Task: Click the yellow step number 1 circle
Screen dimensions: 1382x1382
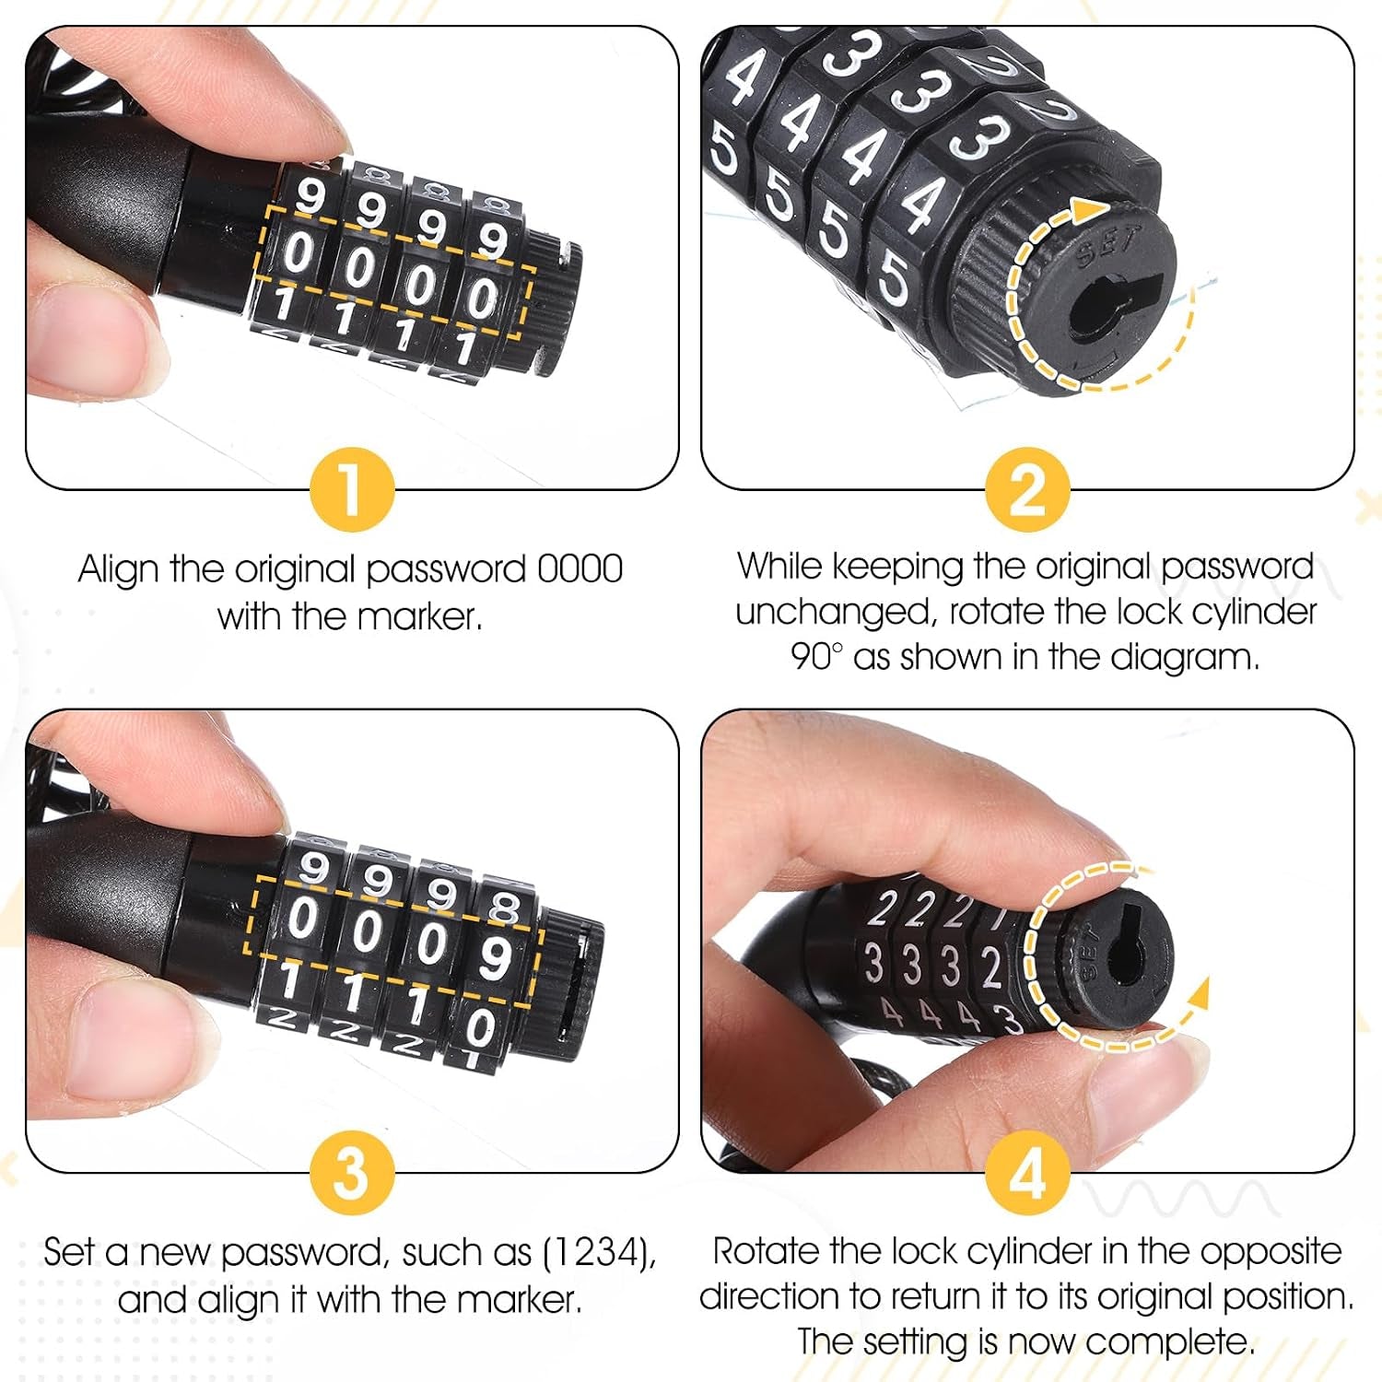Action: pyautogui.click(x=352, y=489)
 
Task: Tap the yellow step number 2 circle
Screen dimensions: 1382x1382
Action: pyautogui.click(x=1027, y=489)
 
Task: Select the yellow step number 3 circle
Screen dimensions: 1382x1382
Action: pyautogui.click(x=352, y=1173)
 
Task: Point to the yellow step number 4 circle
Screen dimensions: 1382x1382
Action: pyautogui.click(x=1027, y=1173)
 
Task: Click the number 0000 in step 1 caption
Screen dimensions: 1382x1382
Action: pyautogui.click(x=580, y=569)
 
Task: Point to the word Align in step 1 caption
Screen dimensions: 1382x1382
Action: pyautogui.click(x=119, y=569)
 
